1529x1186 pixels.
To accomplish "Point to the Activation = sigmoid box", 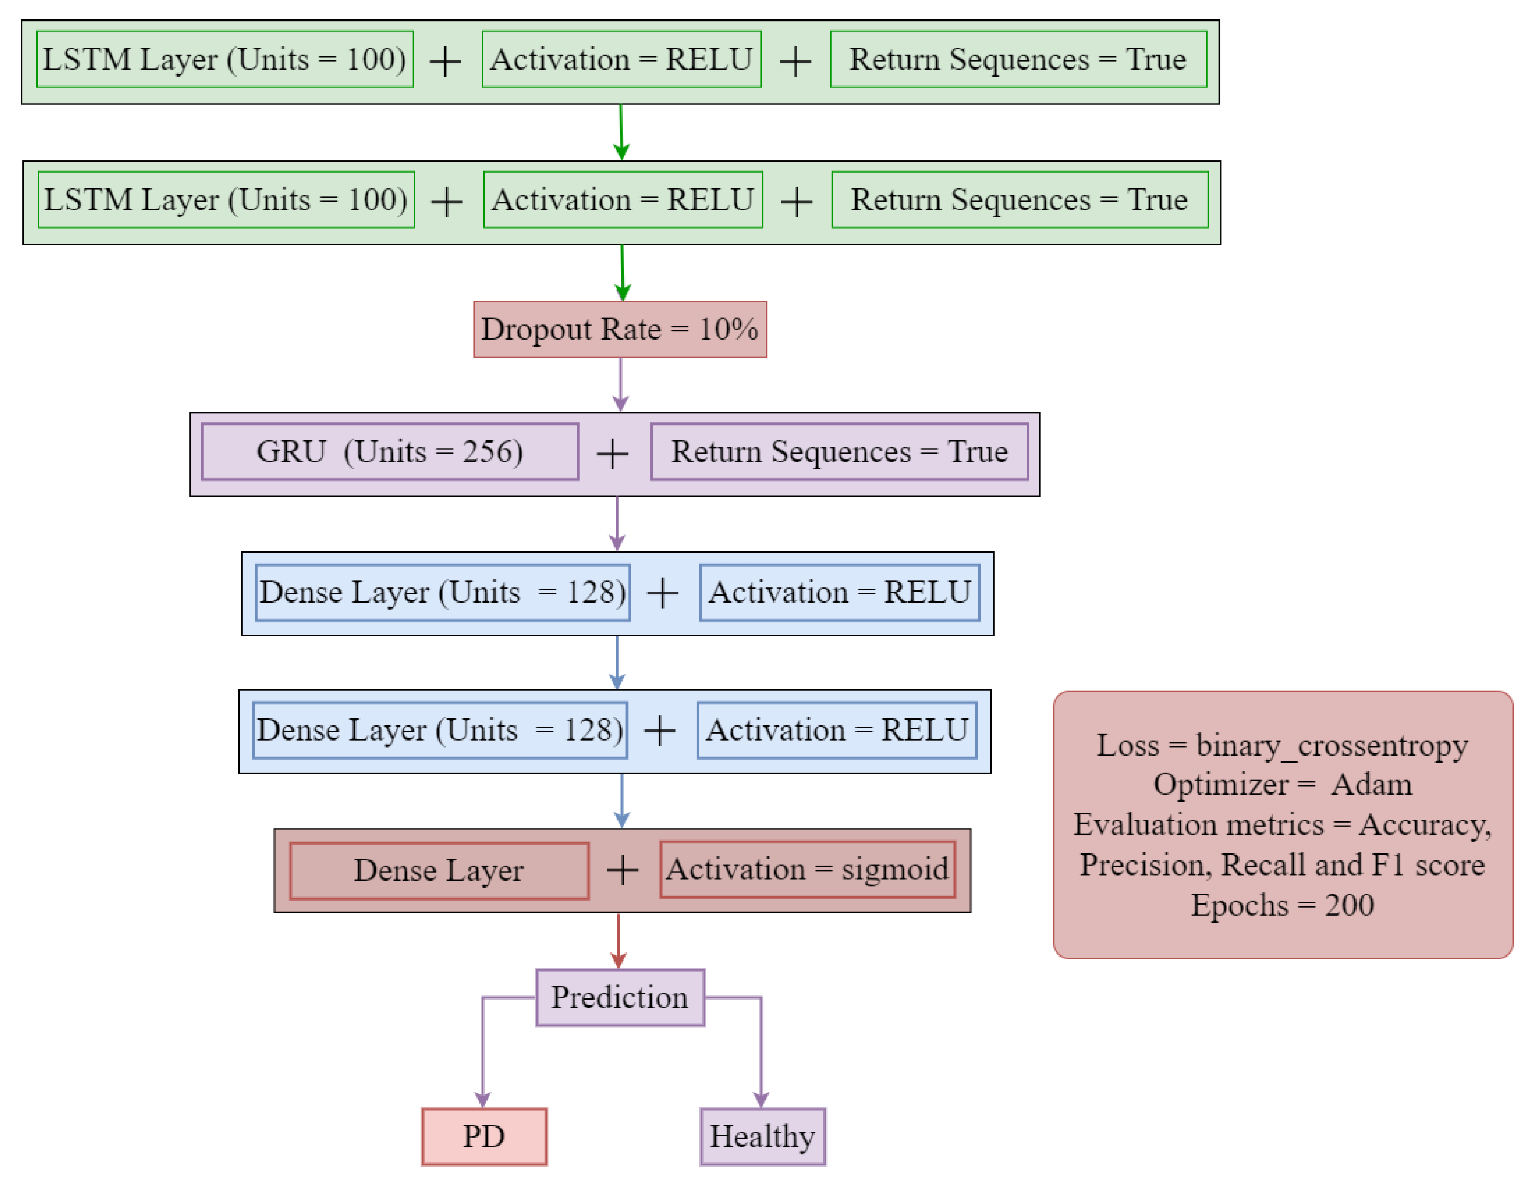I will click(x=807, y=870).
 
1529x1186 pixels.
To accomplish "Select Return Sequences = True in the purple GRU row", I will click(x=840, y=452).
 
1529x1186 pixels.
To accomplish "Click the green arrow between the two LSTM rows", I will click(x=621, y=132).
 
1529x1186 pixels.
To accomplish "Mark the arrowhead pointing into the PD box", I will click(x=482, y=1099).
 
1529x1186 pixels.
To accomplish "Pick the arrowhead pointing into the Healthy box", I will click(x=761, y=1099).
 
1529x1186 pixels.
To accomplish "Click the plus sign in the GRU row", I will click(x=613, y=454).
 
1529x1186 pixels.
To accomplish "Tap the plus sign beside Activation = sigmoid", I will click(x=622, y=871).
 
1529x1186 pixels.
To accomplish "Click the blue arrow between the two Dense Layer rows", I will click(x=617, y=662).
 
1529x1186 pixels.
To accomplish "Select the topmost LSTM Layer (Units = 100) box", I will click(x=225, y=60).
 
